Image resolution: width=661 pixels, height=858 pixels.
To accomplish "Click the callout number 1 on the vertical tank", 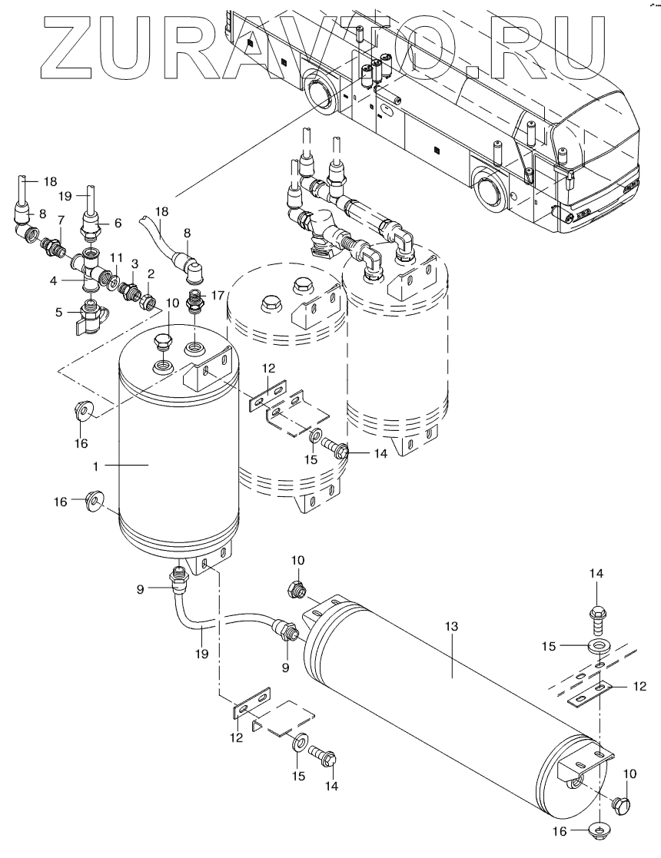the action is point(96,466).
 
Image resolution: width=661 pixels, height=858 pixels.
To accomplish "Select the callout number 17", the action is point(218,296).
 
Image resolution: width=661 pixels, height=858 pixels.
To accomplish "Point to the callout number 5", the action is point(54,281).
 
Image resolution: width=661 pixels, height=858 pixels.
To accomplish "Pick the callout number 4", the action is point(58,313).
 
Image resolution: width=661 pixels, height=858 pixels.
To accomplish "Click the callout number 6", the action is point(118,224).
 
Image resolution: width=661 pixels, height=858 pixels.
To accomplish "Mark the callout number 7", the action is point(61,220).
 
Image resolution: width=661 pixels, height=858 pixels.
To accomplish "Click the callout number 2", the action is point(151,273).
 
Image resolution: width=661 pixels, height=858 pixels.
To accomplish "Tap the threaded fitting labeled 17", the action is point(194,302).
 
